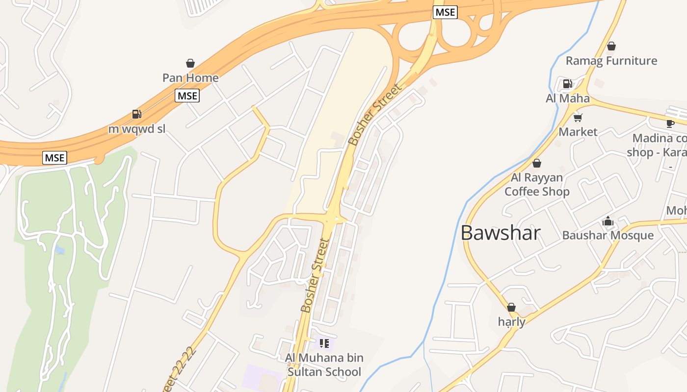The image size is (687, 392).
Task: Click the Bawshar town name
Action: (501, 233)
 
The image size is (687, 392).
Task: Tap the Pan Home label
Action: (190, 78)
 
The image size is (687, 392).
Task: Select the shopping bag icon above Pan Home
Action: (190, 63)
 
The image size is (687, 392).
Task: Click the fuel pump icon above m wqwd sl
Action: (137, 114)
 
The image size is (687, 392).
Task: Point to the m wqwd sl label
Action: (137, 129)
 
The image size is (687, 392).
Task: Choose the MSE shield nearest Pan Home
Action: (187, 96)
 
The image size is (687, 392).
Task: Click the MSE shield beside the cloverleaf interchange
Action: (445, 12)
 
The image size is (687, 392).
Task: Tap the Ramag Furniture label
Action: (611, 61)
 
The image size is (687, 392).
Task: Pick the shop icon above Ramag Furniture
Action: (611, 46)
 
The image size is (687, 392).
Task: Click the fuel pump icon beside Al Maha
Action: (568, 83)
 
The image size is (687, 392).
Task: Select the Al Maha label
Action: (568, 98)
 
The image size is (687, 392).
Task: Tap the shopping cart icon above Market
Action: (578, 117)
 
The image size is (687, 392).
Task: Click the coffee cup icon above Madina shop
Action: (670, 123)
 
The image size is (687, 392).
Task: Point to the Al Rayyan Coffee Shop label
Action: (537, 185)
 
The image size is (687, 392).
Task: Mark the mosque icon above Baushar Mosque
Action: (608, 221)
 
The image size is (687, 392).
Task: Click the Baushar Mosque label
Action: (608, 236)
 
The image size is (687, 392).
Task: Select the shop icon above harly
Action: (511, 307)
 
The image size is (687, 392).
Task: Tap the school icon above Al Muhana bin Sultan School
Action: (324, 343)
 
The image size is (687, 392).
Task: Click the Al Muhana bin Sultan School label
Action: (324, 365)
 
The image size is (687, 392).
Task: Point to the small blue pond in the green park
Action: (60, 250)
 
